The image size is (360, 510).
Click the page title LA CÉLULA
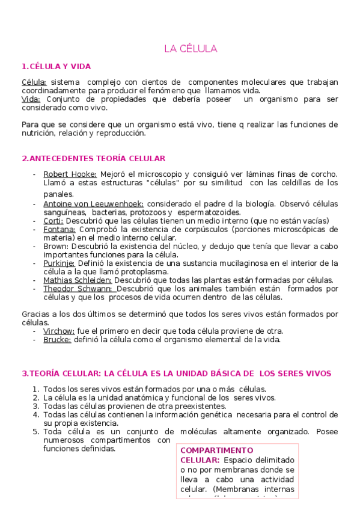[191, 49]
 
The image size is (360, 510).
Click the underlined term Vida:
[31, 99]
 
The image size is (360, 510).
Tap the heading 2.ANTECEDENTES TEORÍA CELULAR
[93, 158]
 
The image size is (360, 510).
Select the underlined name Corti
[53, 221]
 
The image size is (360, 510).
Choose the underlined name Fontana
[59, 229]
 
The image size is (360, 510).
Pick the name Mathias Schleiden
[78, 280]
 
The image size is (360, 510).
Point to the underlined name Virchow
[59, 331]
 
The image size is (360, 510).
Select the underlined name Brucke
[57, 339]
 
